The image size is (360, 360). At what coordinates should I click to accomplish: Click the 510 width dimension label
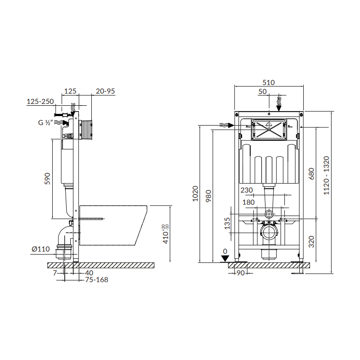click(x=269, y=82)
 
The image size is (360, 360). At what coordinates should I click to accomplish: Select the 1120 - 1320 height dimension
click(x=327, y=175)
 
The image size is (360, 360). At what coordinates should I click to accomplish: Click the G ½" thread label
click(x=45, y=122)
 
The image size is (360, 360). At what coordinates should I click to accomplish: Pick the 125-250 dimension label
click(x=40, y=102)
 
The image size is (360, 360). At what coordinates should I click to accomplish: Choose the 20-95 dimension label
click(x=105, y=91)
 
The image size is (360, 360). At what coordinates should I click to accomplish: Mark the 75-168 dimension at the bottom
click(x=96, y=279)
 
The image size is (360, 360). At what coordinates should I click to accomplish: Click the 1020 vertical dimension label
click(x=195, y=193)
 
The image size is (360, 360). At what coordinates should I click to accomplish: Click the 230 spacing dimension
click(x=247, y=190)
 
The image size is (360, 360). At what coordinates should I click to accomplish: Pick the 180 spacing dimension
click(x=249, y=202)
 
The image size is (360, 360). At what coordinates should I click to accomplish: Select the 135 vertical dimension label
click(x=227, y=223)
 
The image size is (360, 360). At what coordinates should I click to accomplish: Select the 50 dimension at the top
click(x=262, y=91)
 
